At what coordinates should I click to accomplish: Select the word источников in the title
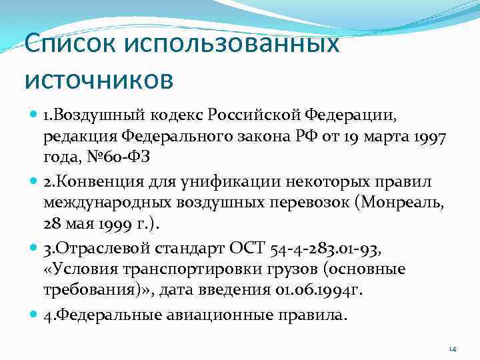click(x=99, y=79)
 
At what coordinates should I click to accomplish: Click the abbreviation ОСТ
click(x=249, y=249)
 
